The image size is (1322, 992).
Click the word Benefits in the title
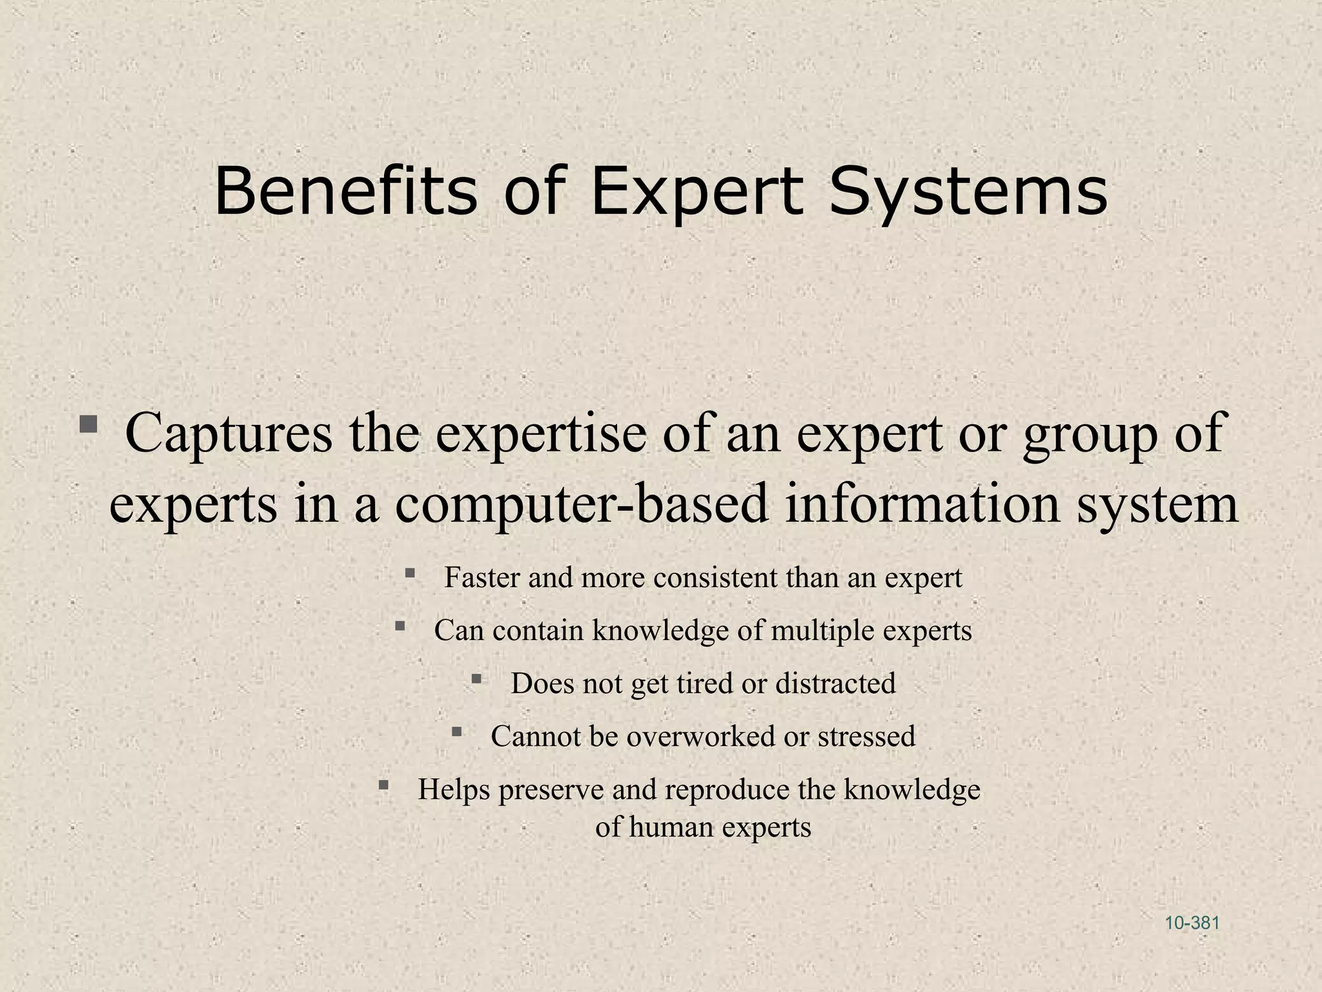(x=345, y=191)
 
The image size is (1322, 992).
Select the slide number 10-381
(x=1192, y=923)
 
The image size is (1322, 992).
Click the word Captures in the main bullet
(x=229, y=433)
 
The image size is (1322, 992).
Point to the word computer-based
(x=582, y=504)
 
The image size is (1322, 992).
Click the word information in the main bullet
(x=922, y=503)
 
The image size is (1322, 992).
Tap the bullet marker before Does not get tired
(x=476, y=679)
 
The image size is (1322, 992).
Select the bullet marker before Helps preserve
(x=383, y=785)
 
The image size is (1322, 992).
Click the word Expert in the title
(x=697, y=192)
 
